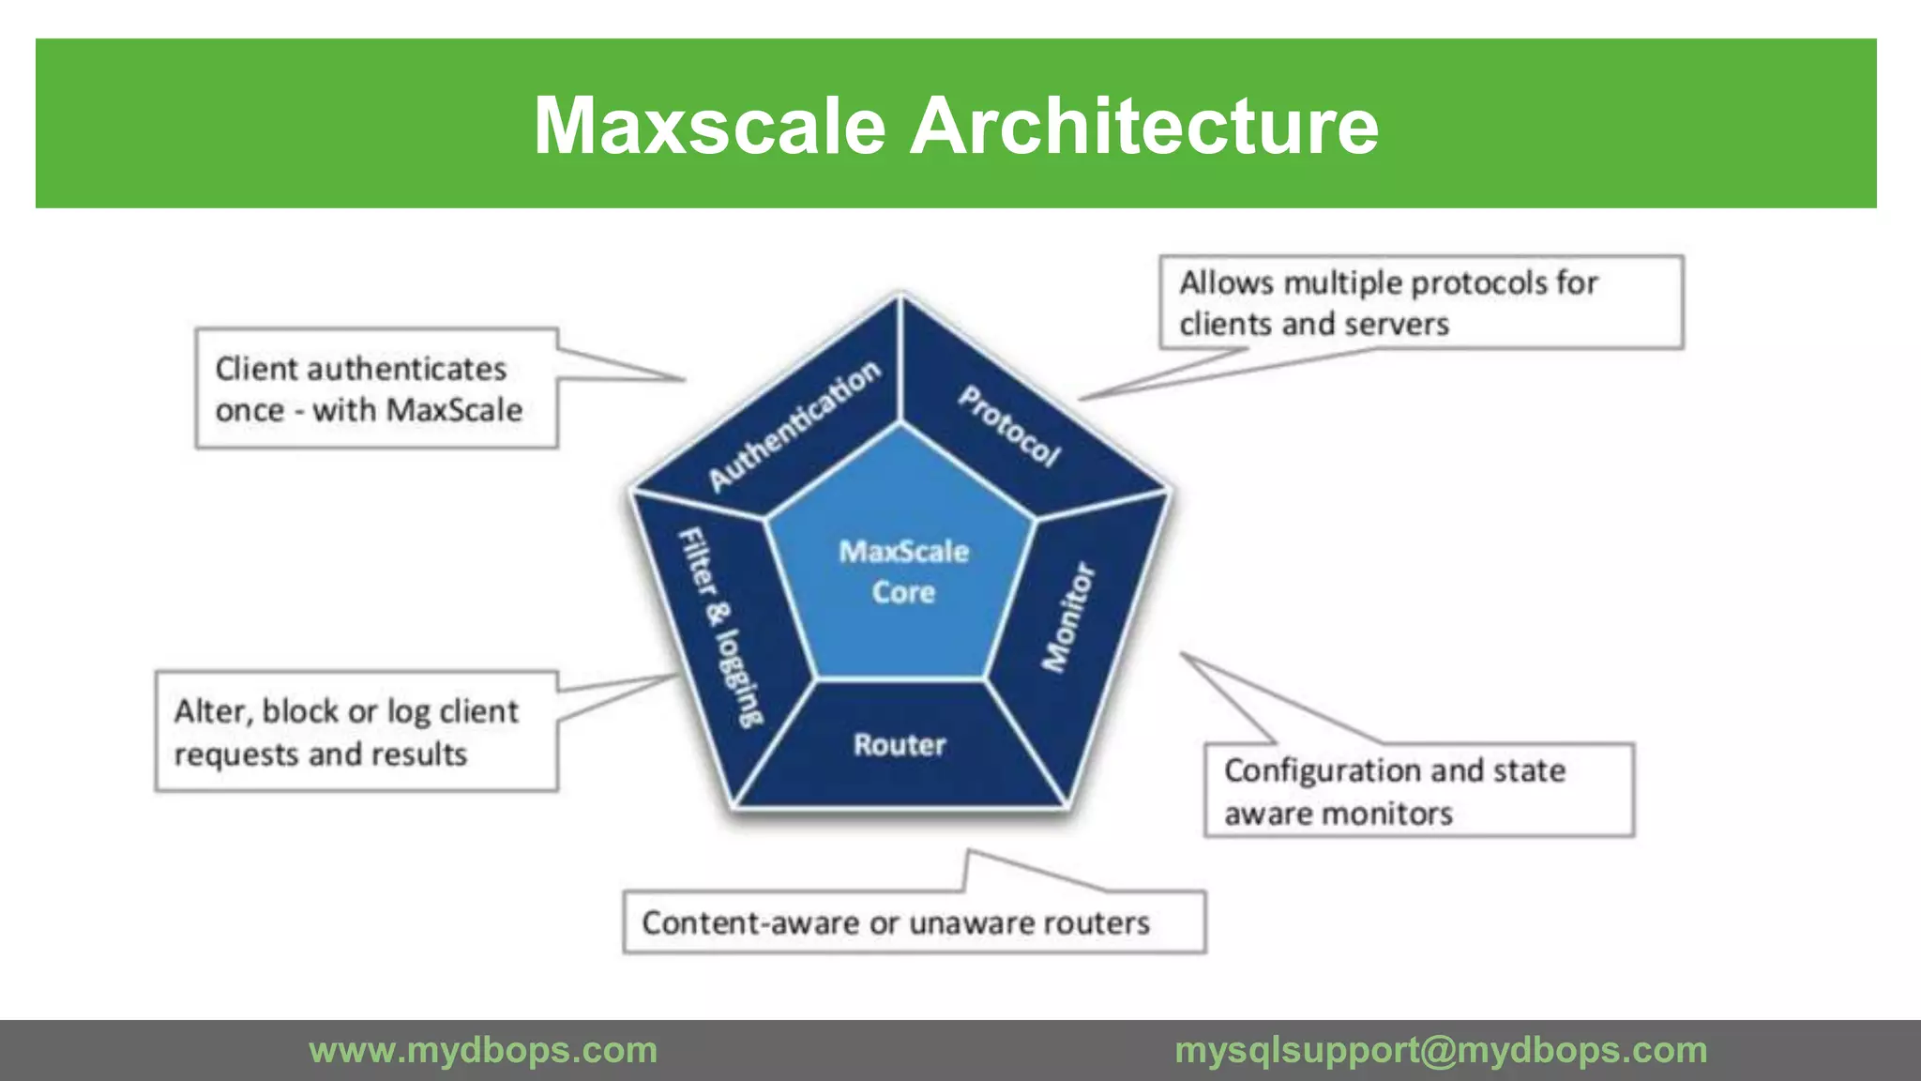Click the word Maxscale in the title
[x=710, y=126]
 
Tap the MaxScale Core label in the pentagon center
[x=903, y=571]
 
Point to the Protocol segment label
[x=1009, y=426]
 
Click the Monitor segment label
[x=1068, y=617]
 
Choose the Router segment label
[x=900, y=745]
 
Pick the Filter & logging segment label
[x=720, y=627]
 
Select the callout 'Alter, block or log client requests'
[x=356, y=732]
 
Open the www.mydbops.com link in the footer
[x=483, y=1050]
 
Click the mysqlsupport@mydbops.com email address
[x=1441, y=1050]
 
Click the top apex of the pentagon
[x=900, y=296]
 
